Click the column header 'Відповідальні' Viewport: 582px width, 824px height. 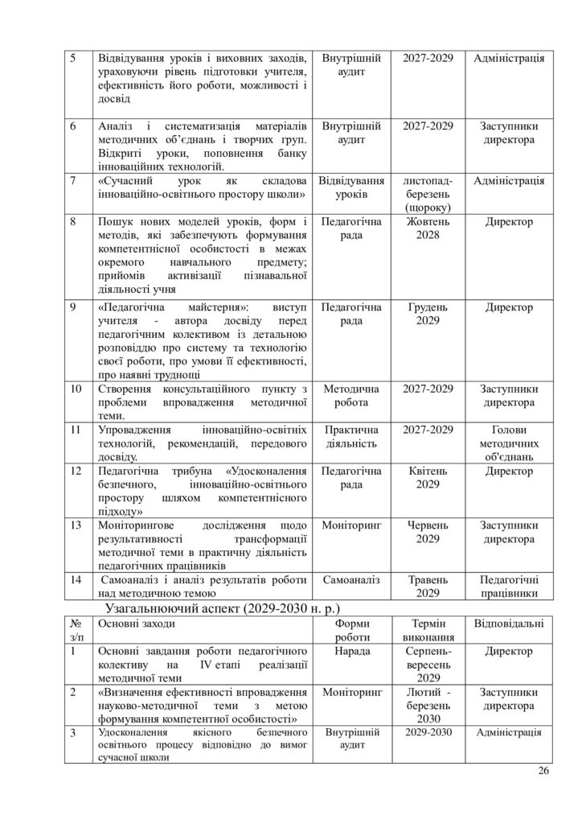pos(509,624)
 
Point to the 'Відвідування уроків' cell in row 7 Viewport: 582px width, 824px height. pos(351,187)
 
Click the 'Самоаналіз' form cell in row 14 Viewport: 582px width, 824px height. pos(351,579)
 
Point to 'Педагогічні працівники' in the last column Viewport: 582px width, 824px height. pos(509,587)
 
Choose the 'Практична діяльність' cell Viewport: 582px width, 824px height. pos(351,435)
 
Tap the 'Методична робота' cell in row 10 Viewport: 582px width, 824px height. pos(351,395)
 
